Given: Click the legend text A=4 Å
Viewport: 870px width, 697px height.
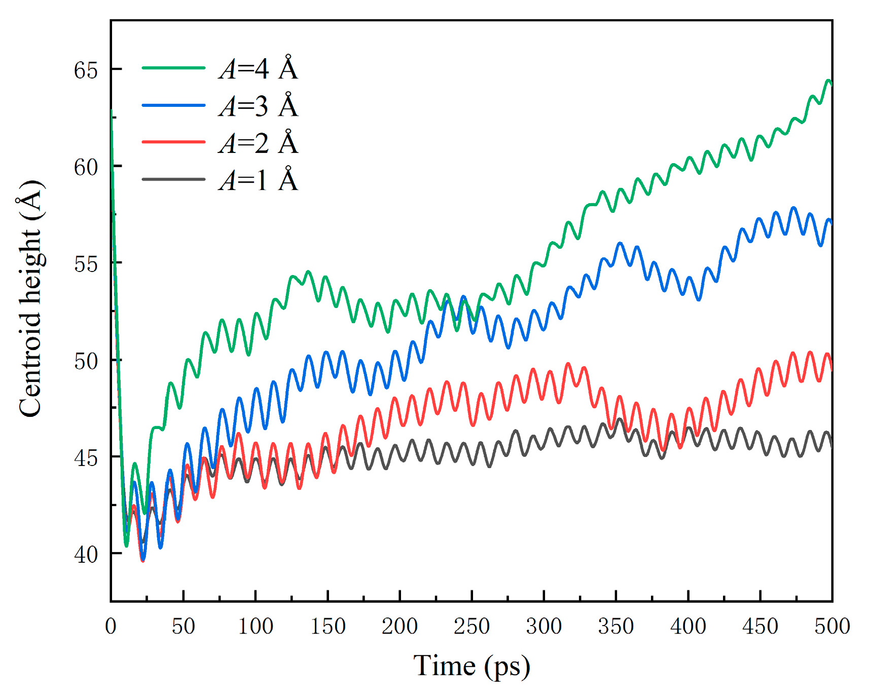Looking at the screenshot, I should coord(259,68).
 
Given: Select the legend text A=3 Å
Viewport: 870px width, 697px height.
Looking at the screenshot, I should coord(259,106).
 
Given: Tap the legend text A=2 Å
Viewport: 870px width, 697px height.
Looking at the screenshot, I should coord(259,143).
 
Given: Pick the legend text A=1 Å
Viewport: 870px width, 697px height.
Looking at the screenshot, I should coord(259,180).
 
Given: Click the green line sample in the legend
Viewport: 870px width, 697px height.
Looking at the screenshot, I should coord(173,67).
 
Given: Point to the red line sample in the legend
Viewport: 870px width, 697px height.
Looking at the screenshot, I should coord(173,142).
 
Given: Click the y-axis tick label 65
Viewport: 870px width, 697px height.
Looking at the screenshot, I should coord(86,70).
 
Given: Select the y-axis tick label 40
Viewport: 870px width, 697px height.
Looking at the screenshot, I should coord(86,554).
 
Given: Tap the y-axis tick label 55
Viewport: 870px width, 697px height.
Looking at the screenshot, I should coord(86,263).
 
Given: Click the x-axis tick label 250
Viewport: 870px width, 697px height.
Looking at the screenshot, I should coord(472,627).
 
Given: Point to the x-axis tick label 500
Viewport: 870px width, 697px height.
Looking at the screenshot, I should coord(831,627).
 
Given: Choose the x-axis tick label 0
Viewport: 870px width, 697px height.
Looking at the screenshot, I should coord(111,627).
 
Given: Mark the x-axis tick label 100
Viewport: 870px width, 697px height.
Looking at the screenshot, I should coord(256,627).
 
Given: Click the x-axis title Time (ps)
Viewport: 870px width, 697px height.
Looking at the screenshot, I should coord(472,666).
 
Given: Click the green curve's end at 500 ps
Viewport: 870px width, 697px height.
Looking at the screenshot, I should coord(831,83).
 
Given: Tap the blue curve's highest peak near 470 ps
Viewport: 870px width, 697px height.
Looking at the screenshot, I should coord(793,208).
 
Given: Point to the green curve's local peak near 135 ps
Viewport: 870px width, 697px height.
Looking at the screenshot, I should coord(308,272).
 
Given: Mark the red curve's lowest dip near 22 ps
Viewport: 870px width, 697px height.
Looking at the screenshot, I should coord(142,561).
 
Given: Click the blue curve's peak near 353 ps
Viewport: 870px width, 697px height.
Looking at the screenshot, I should coord(620,243).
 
